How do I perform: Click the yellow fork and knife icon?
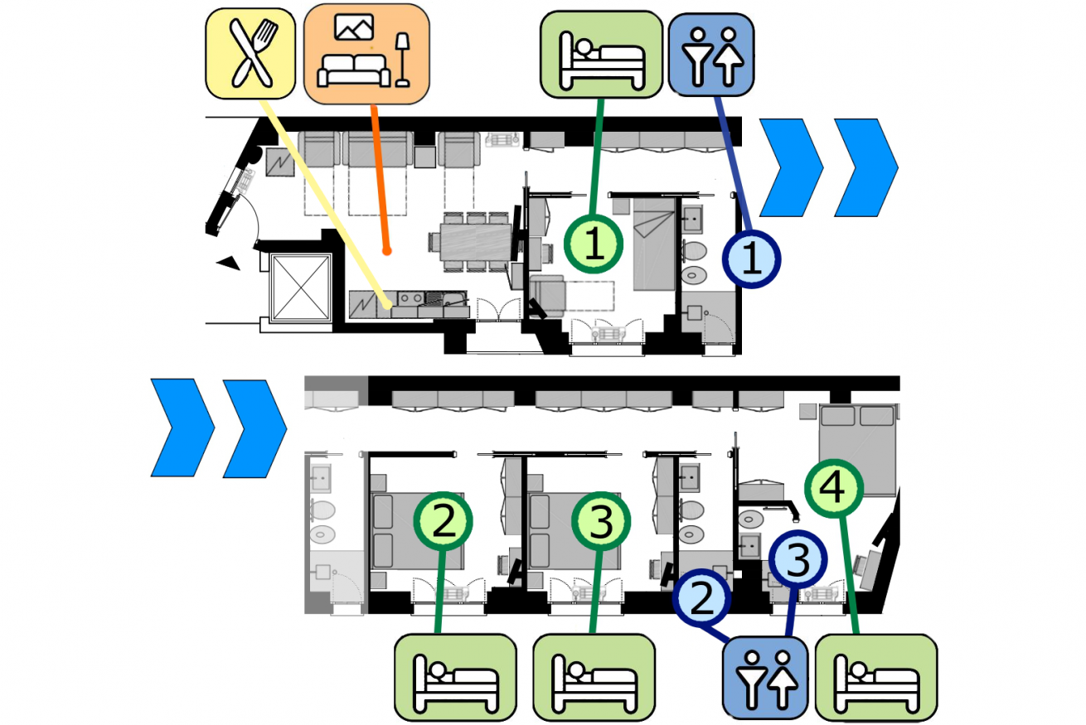[x=250, y=53]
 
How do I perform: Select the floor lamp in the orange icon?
[x=402, y=60]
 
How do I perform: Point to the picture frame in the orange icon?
[x=354, y=27]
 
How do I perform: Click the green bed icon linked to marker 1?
[x=601, y=55]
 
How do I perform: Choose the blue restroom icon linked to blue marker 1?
[x=711, y=55]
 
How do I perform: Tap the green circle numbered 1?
[x=594, y=244]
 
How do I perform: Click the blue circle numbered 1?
[x=751, y=259]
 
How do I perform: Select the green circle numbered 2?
[x=444, y=521]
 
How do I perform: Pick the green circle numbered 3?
[x=601, y=521]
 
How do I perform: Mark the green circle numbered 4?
[x=834, y=488]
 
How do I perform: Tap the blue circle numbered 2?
[x=701, y=597]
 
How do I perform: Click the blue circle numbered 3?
[x=798, y=559]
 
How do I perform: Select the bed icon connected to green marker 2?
[x=455, y=678]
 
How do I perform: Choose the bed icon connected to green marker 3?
[x=594, y=678]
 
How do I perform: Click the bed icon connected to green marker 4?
[x=876, y=678]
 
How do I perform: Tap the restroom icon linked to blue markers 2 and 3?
[x=765, y=678]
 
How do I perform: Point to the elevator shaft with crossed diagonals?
[x=301, y=288]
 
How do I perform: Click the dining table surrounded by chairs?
[x=476, y=241]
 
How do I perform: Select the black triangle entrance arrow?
[x=229, y=263]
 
